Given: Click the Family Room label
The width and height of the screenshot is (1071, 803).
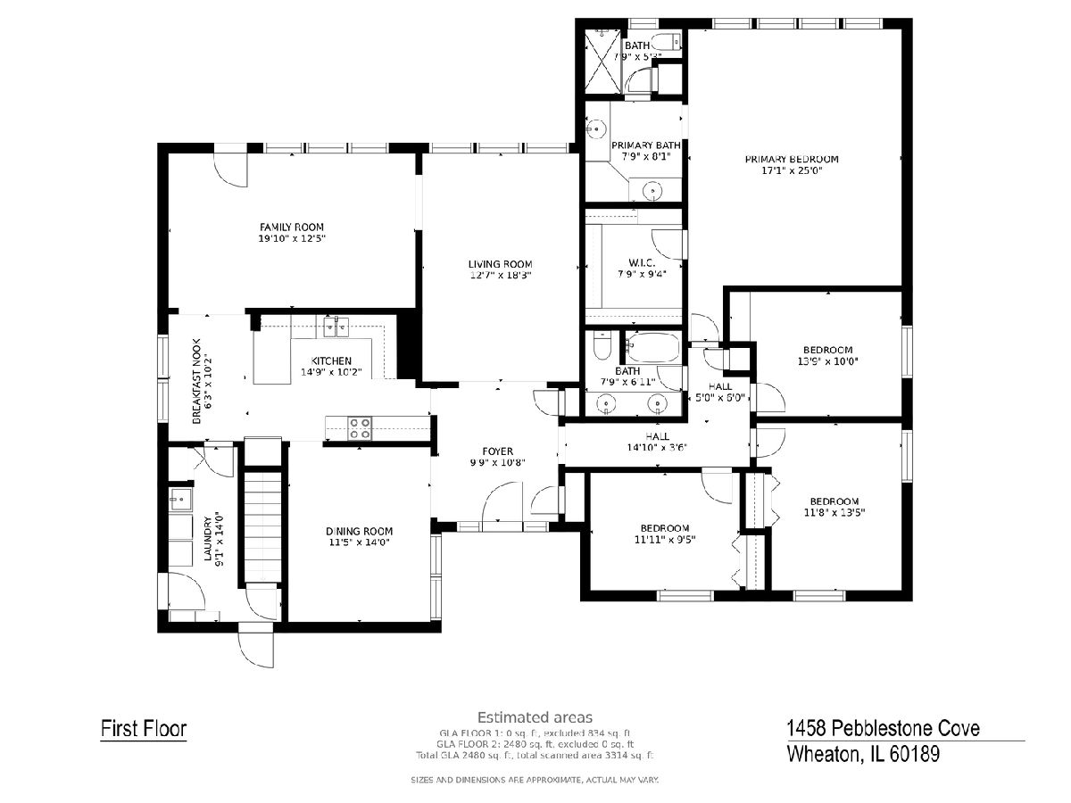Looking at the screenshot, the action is click(x=291, y=227).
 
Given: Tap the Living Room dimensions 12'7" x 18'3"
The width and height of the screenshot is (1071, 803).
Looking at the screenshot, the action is click(x=500, y=276).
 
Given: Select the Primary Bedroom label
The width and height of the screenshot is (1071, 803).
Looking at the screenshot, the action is click(x=792, y=159).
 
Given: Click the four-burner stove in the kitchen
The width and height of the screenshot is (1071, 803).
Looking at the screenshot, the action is click(x=359, y=428).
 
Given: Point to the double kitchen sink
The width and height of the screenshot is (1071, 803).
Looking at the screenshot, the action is click(x=336, y=327).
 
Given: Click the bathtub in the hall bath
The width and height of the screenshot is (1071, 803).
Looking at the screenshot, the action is click(x=652, y=346).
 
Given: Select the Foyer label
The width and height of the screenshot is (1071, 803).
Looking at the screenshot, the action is click(x=498, y=451).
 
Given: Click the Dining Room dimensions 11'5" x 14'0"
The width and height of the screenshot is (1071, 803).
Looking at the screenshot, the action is click(x=359, y=542).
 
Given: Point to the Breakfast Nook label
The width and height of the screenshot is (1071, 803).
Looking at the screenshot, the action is click(x=196, y=381).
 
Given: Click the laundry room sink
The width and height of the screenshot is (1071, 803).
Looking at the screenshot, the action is click(x=180, y=499).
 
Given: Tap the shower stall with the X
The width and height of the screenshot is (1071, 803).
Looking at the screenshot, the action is click(x=603, y=61).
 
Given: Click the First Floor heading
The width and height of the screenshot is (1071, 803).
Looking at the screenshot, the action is click(x=144, y=729).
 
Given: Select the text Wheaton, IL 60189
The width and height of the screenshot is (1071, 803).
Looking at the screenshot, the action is click(x=863, y=754).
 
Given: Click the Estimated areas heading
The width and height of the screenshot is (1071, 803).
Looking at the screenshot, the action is click(x=535, y=717).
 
